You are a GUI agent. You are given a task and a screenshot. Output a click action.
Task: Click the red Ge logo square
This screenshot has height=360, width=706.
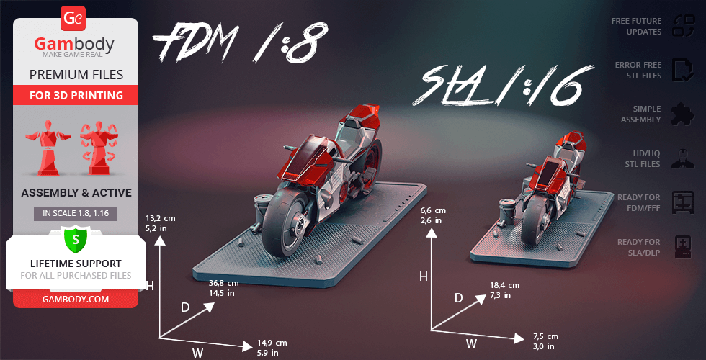[73, 19]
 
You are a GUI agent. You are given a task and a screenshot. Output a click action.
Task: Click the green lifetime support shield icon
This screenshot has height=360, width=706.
[76, 240]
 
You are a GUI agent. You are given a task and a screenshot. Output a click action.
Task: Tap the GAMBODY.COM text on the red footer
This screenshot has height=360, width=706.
[76, 300]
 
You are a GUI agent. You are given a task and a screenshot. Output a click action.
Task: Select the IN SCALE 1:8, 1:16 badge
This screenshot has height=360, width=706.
[76, 213]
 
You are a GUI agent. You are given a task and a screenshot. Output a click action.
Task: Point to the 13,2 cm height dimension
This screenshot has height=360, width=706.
[160, 219]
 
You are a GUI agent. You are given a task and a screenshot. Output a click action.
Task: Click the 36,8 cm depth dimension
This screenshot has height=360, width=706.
[224, 283]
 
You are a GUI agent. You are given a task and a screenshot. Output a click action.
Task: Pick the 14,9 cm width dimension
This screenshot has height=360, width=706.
[272, 343]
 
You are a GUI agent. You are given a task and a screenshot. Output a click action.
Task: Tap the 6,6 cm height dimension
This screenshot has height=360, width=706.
[433, 210]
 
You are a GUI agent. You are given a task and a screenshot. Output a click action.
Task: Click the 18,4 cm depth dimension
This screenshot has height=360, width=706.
[504, 285]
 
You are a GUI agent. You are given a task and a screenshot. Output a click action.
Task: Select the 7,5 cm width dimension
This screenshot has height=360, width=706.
[546, 336]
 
